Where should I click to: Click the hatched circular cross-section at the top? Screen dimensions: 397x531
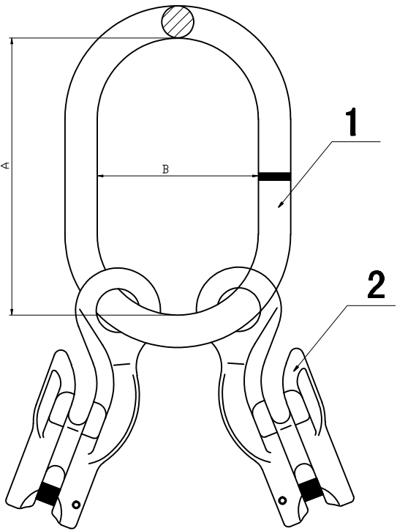point(178,22)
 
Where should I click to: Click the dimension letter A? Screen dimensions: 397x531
point(6,166)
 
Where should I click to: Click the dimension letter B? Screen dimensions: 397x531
point(165,169)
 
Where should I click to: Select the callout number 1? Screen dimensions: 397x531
point(352,122)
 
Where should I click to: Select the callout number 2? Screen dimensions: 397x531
point(376,286)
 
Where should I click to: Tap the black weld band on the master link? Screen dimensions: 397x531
point(274,176)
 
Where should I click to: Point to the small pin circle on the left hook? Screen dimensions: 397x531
point(77,505)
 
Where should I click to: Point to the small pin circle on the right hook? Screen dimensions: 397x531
point(282,500)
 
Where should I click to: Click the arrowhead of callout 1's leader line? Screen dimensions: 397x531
point(281,204)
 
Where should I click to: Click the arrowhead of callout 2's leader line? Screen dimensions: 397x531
point(297,368)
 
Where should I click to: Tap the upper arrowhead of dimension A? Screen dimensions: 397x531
point(12,41)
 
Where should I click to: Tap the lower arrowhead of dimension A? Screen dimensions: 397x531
point(12,311)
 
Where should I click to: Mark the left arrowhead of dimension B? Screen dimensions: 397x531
point(100,176)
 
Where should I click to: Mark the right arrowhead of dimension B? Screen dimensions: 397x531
point(254,176)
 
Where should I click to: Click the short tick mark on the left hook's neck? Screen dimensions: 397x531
point(121,365)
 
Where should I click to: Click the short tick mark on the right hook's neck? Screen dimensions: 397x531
point(235,363)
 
